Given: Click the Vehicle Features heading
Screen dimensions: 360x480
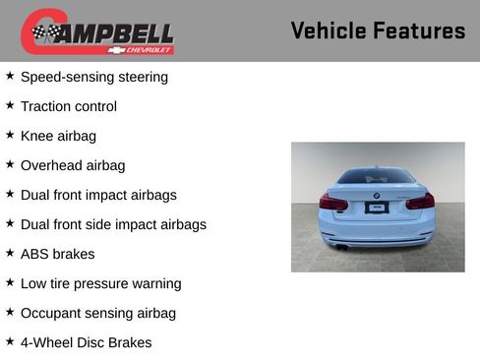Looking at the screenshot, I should click(378, 30).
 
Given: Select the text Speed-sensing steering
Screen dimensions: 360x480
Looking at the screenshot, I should click(93, 77).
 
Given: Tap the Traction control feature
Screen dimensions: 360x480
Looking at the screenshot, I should click(68, 106).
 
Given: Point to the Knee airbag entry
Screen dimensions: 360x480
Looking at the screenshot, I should click(58, 136).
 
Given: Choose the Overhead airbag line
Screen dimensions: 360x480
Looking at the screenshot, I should click(73, 165).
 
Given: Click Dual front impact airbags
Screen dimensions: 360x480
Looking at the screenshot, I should click(98, 195).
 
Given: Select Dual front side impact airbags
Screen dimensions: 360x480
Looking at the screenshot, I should click(113, 224).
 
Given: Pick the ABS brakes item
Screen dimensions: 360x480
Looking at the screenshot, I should click(57, 254).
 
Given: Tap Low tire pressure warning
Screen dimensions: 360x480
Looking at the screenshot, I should click(100, 283).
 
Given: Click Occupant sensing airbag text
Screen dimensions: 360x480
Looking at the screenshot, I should click(97, 313).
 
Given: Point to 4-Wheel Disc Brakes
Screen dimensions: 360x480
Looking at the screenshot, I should click(86, 342).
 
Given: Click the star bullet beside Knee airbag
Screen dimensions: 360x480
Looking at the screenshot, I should click(10, 135).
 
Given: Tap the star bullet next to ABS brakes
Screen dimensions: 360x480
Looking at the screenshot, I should click(10, 253).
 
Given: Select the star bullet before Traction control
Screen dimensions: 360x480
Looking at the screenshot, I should click(10, 105).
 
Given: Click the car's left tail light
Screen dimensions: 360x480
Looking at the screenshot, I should click(333, 202).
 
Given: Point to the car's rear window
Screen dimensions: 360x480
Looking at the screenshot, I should click(376, 178).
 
